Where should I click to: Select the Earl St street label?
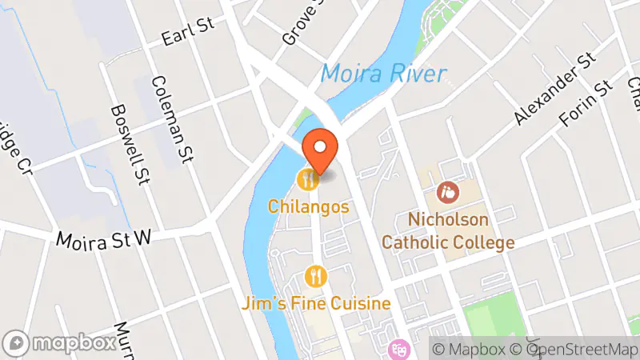click(x=189, y=33)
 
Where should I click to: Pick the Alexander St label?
click(x=556, y=89)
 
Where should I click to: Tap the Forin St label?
click(x=586, y=104)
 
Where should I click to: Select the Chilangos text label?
click(x=309, y=206)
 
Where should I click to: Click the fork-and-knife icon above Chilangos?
click(x=307, y=178)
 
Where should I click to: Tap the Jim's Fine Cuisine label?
click(x=318, y=304)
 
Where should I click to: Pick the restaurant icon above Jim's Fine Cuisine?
click(x=317, y=277)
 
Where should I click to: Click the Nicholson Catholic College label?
click(x=448, y=230)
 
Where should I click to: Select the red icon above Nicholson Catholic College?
click(x=448, y=192)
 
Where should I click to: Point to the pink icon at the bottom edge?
click(x=398, y=350)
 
